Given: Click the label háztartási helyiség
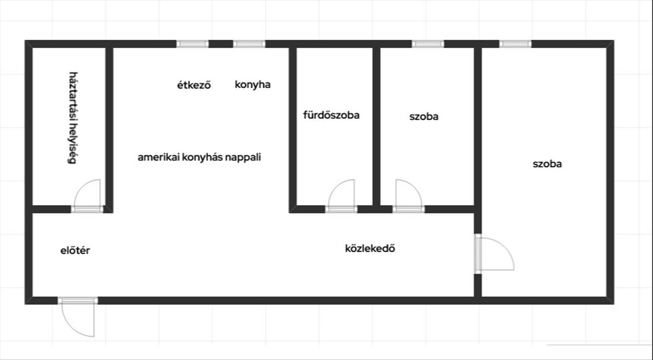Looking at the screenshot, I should pyautogui.click(x=71, y=117).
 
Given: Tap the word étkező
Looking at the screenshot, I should pyautogui.click(x=194, y=85).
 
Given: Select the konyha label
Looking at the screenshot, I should pyautogui.click(x=252, y=84).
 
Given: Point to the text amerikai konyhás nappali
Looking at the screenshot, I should pyautogui.click(x=200, y=158).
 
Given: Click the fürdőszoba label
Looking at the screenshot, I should pyautogui.click(x=331, y=115).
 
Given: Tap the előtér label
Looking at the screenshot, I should pyautogui.click(x=75, y=251).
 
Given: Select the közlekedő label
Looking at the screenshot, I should pyautogui.click(x=370, y=249).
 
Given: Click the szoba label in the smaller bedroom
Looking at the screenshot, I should pyautogui.click(x=424, y=116).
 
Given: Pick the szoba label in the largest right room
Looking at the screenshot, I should pyautogui.click(x=547, y=164).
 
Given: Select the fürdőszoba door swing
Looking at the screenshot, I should pyautogui.click(x=342, y=194).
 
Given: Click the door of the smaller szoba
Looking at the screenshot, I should pyautogui.click(x=408, y=194).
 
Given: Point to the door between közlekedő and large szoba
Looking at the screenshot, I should pyautogui.click(x=494, y=253).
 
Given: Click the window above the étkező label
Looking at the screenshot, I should pyautogui.click(x=193, y=44).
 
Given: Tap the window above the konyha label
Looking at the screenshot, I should pyautogui.click(x=249, y=44).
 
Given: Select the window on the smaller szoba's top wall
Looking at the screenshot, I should pyautogui.click(x=428, y=44).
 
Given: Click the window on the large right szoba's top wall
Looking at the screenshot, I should pyautogui.click(x=515, y=44).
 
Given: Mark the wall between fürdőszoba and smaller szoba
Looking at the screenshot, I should pyautogui.click(x=376, y=125).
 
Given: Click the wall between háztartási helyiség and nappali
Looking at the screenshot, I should pyautogui.click(x=109, y=125).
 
